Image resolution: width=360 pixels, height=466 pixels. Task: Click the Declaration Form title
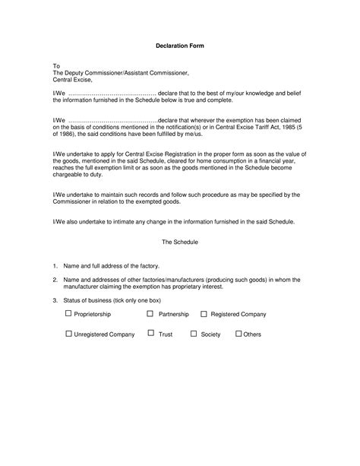180,46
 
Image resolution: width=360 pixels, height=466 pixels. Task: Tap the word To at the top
55,66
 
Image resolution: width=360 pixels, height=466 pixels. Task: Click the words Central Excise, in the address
72,79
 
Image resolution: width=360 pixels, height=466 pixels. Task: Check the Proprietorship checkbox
69,313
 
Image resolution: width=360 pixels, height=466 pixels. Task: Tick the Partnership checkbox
150,313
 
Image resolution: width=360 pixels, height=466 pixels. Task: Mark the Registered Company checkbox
204,313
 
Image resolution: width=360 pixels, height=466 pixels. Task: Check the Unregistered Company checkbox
69,333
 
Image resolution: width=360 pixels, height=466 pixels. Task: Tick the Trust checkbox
151,333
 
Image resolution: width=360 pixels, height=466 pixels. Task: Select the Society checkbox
194,333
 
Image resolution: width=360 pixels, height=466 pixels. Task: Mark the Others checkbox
238,333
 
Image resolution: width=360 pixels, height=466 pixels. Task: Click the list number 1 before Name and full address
55,266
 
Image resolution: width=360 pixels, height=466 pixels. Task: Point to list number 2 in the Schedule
55,280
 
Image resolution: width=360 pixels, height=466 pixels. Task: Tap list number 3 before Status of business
55,300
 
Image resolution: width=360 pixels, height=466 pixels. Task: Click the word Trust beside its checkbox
166,334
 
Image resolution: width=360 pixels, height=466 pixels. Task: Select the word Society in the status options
210,334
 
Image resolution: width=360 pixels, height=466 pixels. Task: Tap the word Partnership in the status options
173,314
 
